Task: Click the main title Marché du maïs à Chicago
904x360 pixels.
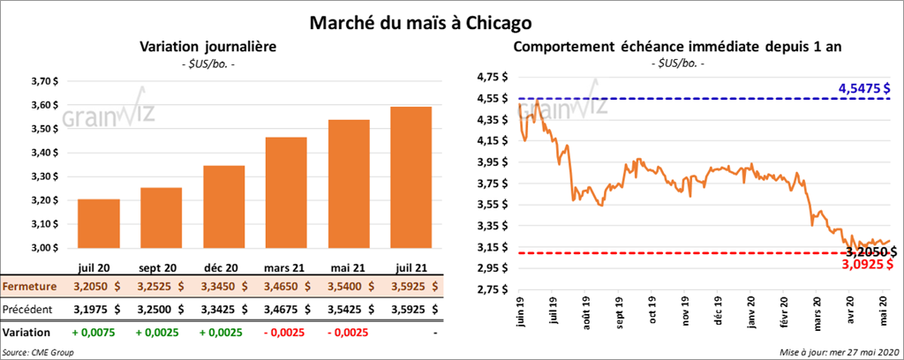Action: [x=433, y=19]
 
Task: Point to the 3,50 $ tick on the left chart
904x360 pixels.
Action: [x=44, y=129]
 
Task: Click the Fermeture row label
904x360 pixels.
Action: [x=30, y=287]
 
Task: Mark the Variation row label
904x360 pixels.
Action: [x=26, y=334]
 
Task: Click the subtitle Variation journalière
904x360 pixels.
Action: [x=202, y=46]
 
